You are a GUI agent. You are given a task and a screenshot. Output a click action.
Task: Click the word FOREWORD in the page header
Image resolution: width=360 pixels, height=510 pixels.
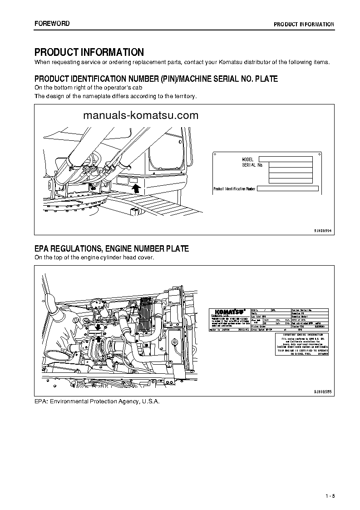(52, 24)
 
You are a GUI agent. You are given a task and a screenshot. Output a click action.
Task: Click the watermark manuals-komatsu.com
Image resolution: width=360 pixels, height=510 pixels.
(141, 115)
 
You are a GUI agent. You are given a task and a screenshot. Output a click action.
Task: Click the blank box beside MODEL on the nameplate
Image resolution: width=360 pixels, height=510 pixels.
(285, 159)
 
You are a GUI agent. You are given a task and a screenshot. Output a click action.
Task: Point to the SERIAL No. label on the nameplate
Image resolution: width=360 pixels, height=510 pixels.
(252, 165)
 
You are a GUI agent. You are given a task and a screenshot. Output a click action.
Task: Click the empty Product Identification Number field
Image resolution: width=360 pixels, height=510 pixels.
(288, 188)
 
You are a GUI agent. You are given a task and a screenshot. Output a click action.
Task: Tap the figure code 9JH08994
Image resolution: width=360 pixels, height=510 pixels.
(323, 231)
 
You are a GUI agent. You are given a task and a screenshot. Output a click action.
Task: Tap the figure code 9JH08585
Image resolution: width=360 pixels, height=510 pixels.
(323, 391)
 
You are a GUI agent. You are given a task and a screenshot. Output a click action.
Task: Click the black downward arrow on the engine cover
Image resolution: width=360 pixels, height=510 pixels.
(99, 327)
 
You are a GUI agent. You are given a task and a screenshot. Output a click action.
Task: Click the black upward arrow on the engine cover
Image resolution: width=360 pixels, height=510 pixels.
(99, 339)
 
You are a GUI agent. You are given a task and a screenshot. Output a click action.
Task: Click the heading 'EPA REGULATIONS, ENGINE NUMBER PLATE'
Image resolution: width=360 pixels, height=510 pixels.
(112, 249)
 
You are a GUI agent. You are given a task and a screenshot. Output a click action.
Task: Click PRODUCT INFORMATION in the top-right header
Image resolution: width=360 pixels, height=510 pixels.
(304, 24)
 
